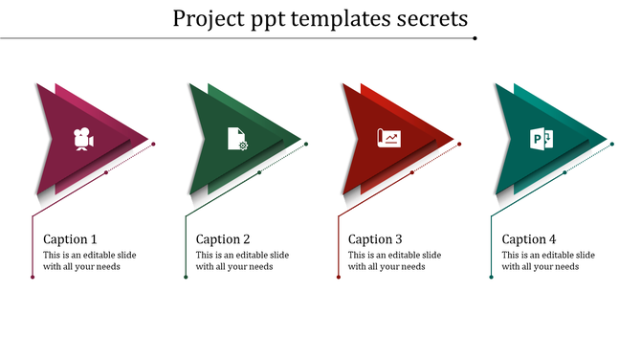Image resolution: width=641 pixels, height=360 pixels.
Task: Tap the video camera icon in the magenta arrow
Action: click(84, 140)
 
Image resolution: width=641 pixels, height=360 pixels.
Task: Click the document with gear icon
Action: click(236, 140)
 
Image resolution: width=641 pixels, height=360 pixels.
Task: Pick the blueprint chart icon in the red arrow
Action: click(388, 140)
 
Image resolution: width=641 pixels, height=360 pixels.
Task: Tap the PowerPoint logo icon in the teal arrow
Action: click(542, 140)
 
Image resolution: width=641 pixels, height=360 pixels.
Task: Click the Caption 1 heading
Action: click(70, 239)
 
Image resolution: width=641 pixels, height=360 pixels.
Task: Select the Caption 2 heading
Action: click(223, 239)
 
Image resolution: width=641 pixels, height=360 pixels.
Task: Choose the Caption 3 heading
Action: click(375, 239)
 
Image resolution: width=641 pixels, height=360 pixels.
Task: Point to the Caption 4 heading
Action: click(528, 239)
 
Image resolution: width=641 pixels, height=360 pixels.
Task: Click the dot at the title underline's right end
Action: click(475, 38)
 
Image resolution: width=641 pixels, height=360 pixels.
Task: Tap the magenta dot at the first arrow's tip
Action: click(154, 145)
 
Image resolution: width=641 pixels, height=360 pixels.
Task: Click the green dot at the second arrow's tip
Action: click(306, 145)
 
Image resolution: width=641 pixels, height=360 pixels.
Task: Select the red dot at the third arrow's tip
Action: click(459, 145)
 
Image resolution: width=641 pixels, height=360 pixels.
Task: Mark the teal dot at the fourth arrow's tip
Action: click(612, 145)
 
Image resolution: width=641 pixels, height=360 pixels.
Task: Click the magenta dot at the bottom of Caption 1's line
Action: click(33, 278)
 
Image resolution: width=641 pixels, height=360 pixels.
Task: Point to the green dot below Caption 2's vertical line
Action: click(186, 278)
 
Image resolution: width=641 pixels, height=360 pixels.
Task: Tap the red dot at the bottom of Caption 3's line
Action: click(338, 278)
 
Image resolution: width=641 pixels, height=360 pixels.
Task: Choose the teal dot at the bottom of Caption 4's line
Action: click(491, 278)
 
